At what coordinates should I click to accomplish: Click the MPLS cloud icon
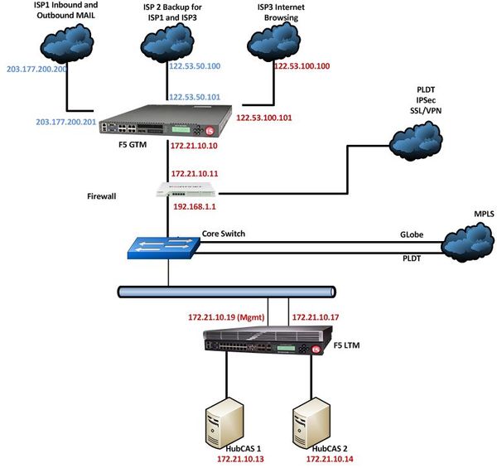click(x=466, y=244)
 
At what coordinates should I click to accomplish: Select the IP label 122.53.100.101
click(x=264, y=118)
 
